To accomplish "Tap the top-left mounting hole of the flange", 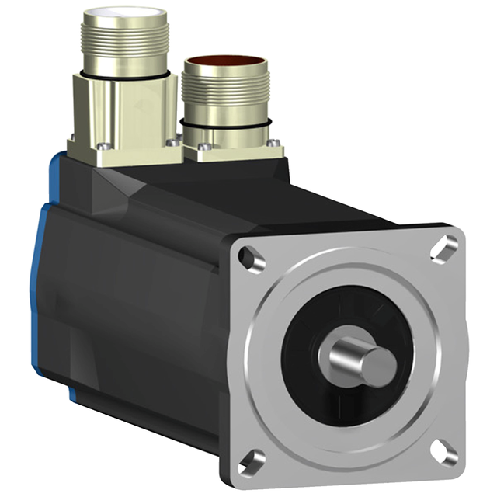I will point(249,255).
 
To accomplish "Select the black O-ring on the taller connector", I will point(124,72).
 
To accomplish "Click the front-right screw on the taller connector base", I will point(172,141).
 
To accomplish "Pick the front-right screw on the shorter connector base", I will point(273,142).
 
